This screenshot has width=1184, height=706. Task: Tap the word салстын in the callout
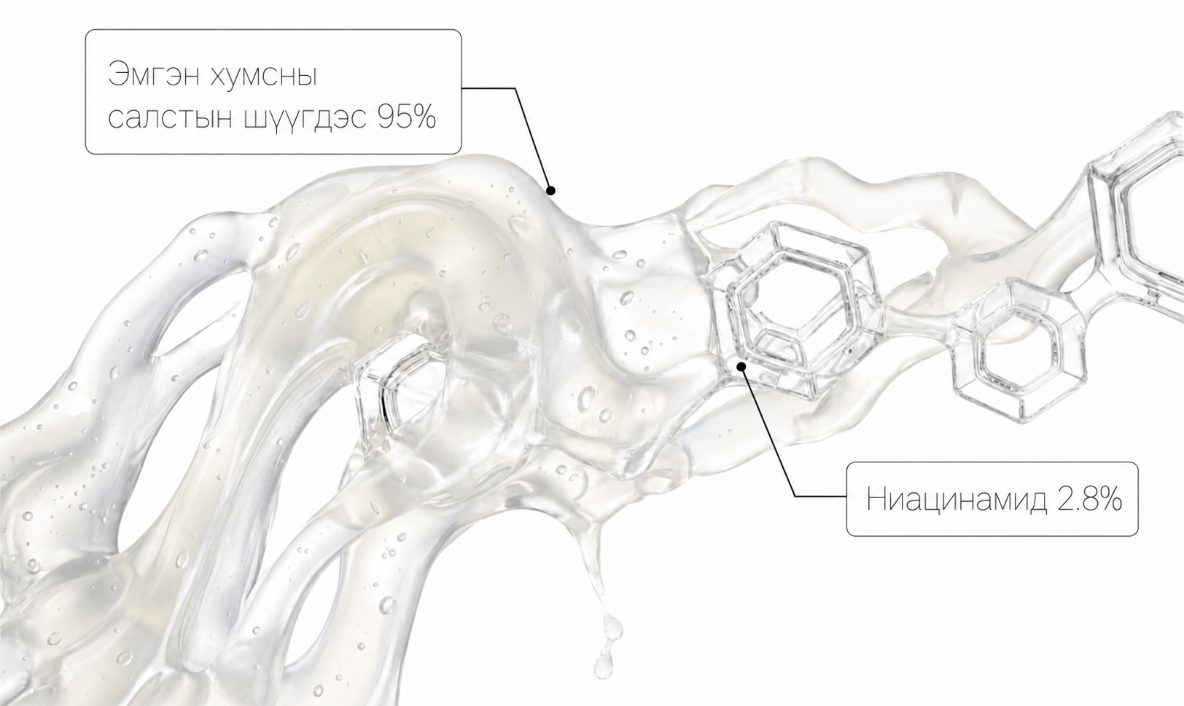[170, 119]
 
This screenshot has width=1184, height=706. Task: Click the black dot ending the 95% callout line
[550, 190]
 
